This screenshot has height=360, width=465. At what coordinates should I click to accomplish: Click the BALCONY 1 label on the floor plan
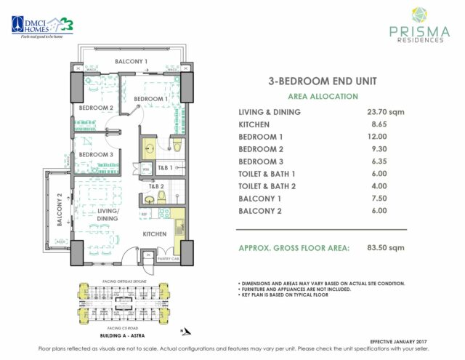132,61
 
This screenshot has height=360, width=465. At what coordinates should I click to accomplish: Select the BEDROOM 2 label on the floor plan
97,108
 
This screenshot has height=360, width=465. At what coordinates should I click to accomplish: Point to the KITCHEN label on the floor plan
155,234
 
